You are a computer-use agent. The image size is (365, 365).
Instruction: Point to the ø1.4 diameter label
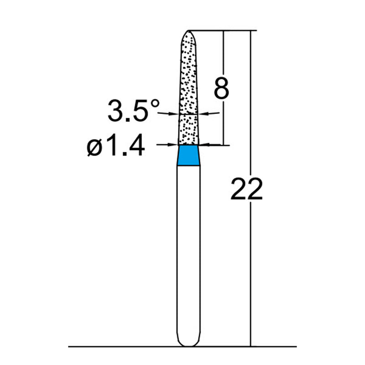coord(116,147)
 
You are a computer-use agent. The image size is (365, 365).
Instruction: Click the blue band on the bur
coord(188,155)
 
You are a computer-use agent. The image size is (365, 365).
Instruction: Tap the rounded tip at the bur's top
coord(188,34)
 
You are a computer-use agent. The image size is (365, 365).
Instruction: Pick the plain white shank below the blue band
coord(188,251)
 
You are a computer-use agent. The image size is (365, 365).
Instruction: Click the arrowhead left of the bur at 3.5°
coord(174,114)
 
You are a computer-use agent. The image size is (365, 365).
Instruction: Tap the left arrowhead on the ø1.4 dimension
coord(172,145)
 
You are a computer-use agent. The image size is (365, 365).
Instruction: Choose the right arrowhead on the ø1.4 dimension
coord(205,145)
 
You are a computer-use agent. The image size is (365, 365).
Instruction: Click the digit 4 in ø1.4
coord(136,147)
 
